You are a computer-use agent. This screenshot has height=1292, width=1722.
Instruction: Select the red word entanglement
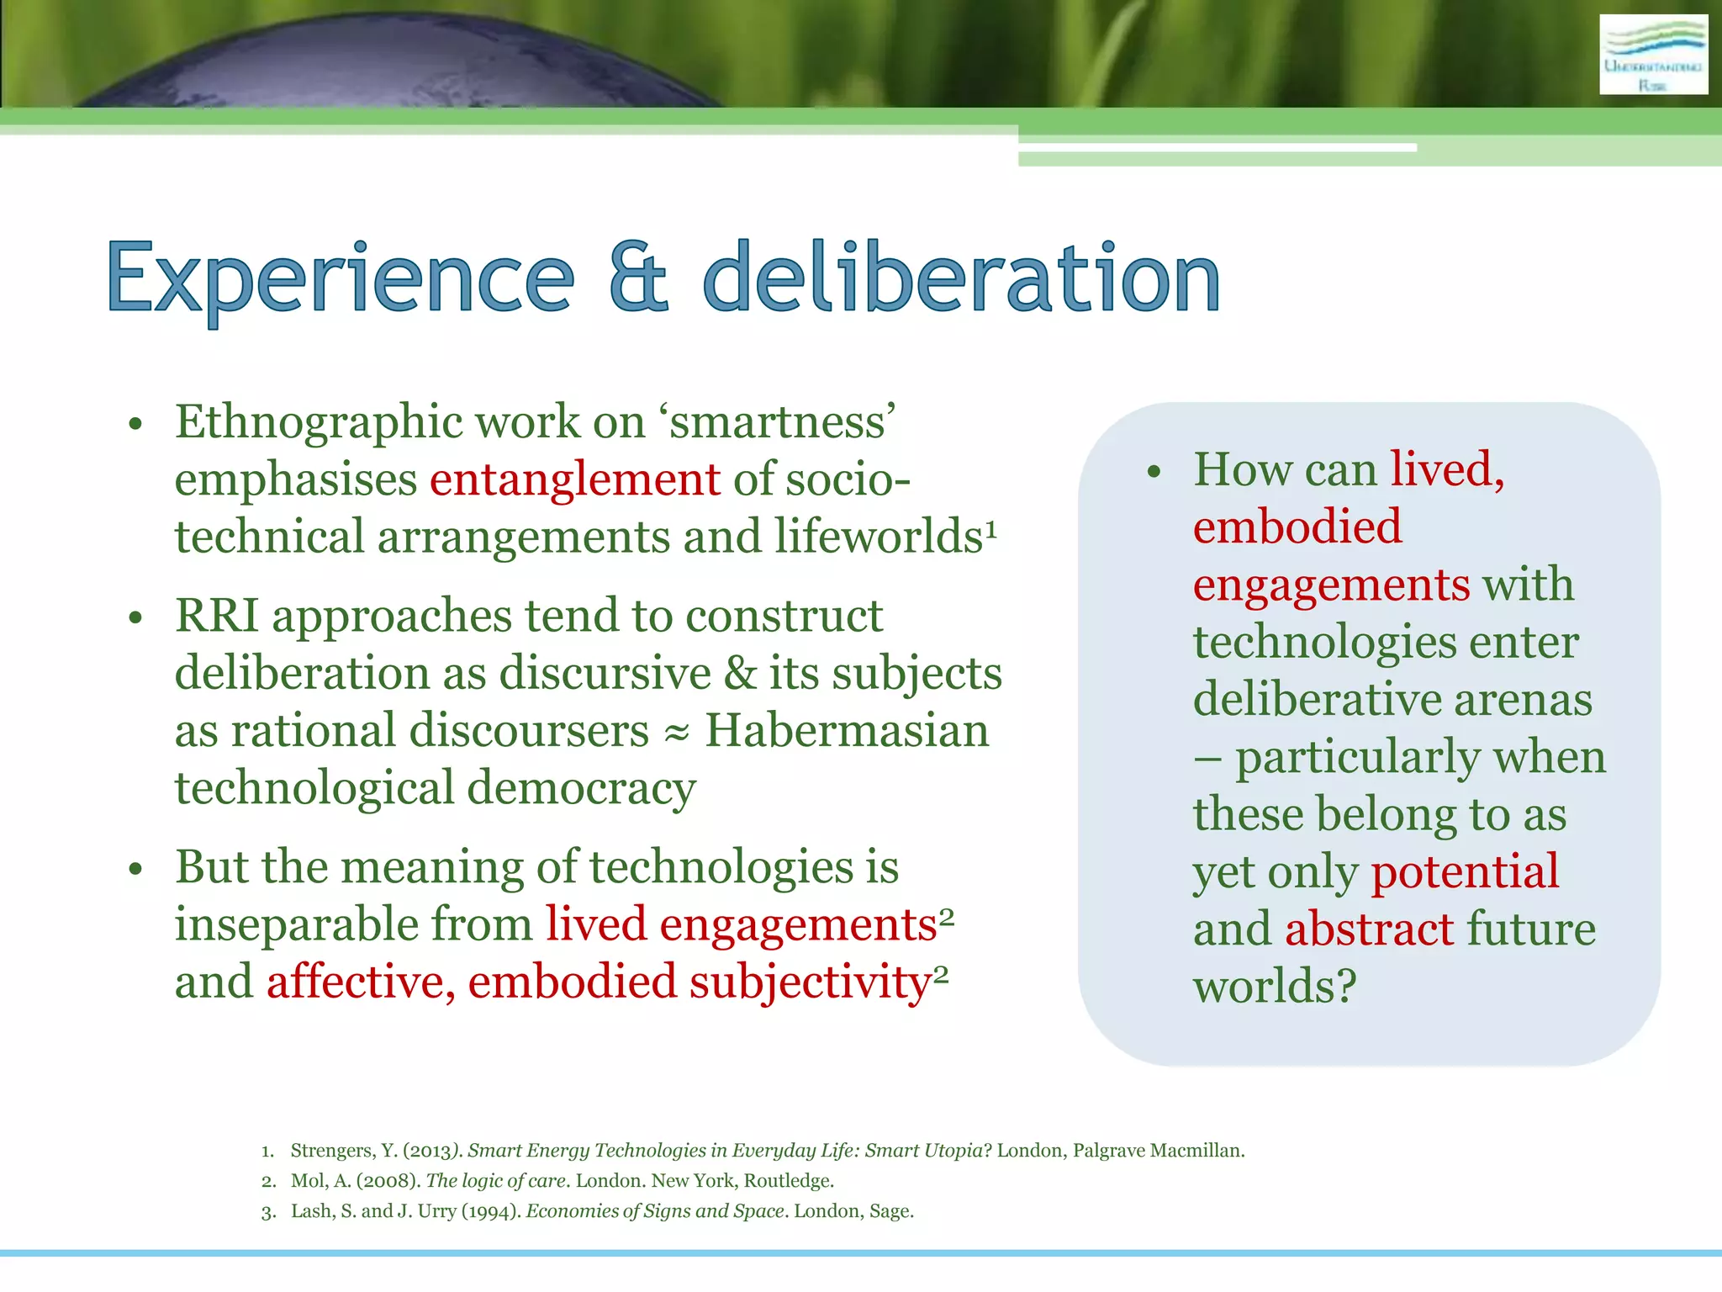click(x=575, y=479)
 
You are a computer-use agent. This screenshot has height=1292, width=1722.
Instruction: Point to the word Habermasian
click(x=847, y=730)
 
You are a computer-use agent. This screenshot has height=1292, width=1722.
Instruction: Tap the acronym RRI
click(x=216, y=616)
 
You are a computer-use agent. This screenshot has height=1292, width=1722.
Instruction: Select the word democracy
click(x=581, y=788)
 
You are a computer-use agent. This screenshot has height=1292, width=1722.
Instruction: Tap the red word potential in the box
click(x=1465, y=872)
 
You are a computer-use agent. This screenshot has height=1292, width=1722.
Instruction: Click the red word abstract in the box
click(x=1369, y=929)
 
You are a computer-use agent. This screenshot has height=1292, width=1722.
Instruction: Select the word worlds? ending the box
click(x=1275, y=986)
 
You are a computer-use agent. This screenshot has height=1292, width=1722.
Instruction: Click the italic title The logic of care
click(x=495, y=1181)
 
